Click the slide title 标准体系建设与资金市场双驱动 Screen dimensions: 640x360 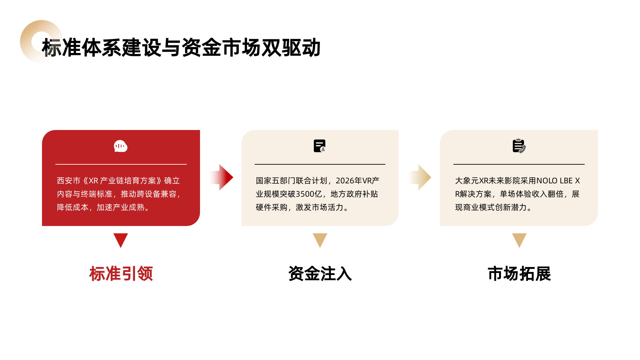(x=181, y=48)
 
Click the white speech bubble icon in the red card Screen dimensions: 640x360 (x=121, y=146)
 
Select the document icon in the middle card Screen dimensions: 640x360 (x=319, y=146)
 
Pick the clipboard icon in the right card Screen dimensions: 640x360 (x=519, y=146)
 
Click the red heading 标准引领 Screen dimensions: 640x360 (x=121, y=274)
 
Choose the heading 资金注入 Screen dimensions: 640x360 (x=320, y=274)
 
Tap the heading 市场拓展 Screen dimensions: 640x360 (x=519, y=274)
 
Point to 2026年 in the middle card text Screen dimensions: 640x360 (x=349, y=181)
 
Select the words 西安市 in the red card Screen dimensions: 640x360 (x=69, y=181)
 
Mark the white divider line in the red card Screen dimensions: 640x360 (x=121, y=164)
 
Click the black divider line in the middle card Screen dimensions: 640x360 (x=320, y=164)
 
